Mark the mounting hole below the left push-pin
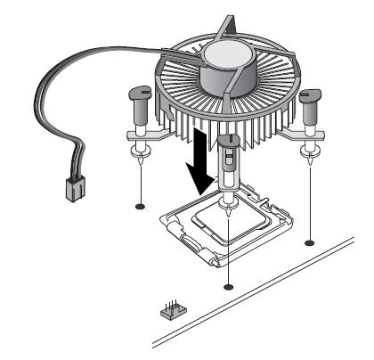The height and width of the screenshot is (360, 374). [x=141, y=207]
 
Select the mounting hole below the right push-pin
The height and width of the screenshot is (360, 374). [x=309, y=241]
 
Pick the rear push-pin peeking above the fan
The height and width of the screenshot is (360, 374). [x=231, y=25]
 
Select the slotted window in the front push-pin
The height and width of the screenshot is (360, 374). [x=228, y=160]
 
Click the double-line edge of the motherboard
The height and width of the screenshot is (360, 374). [x=267, y=303]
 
